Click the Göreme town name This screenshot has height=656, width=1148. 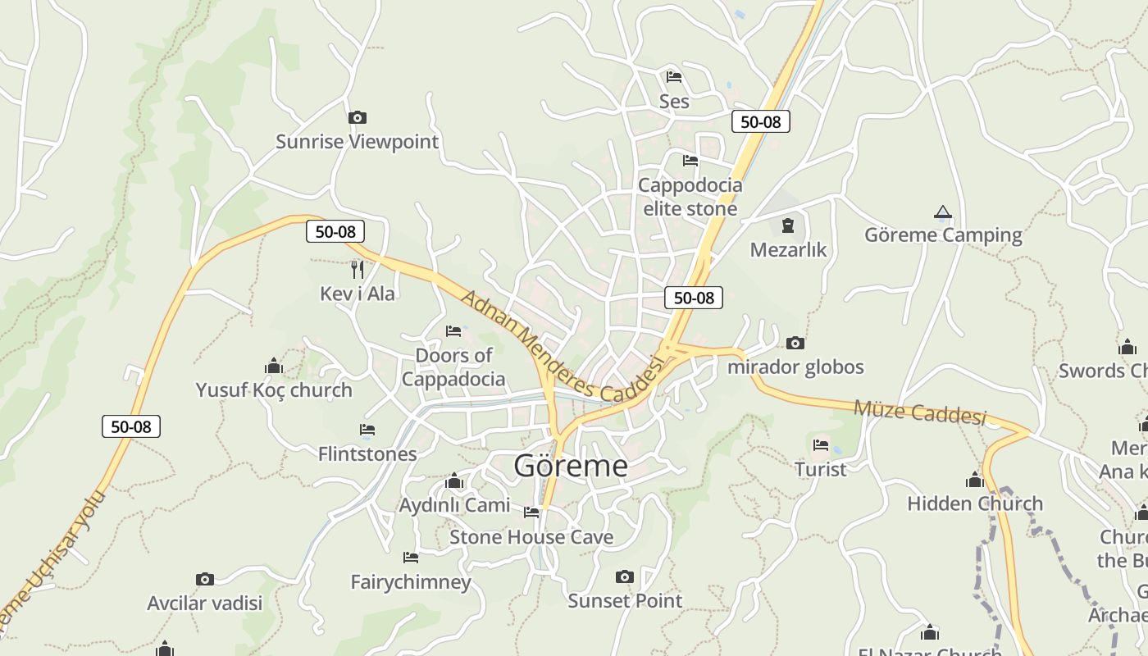571,466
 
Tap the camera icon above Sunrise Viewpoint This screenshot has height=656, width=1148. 357,118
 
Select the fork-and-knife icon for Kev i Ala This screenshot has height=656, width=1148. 357,269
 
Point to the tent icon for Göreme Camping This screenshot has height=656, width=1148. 943,212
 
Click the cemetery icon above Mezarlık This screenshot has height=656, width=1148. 788,225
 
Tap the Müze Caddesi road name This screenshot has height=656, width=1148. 919,412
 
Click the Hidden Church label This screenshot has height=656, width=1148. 975,503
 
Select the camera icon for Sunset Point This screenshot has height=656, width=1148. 625,577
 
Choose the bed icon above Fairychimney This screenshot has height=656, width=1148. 411,558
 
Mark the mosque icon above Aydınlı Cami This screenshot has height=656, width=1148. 454,481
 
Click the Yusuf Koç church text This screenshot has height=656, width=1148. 274,390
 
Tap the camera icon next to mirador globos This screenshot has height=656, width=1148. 795,344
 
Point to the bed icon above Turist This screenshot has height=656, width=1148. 821,446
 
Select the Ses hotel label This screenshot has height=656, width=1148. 674,102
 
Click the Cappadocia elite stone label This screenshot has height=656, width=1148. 690,197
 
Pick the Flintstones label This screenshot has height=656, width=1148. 367,453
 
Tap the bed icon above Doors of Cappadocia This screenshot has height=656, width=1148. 453,331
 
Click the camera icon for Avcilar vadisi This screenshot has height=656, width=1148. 205,580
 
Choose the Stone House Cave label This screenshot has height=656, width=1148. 531,537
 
